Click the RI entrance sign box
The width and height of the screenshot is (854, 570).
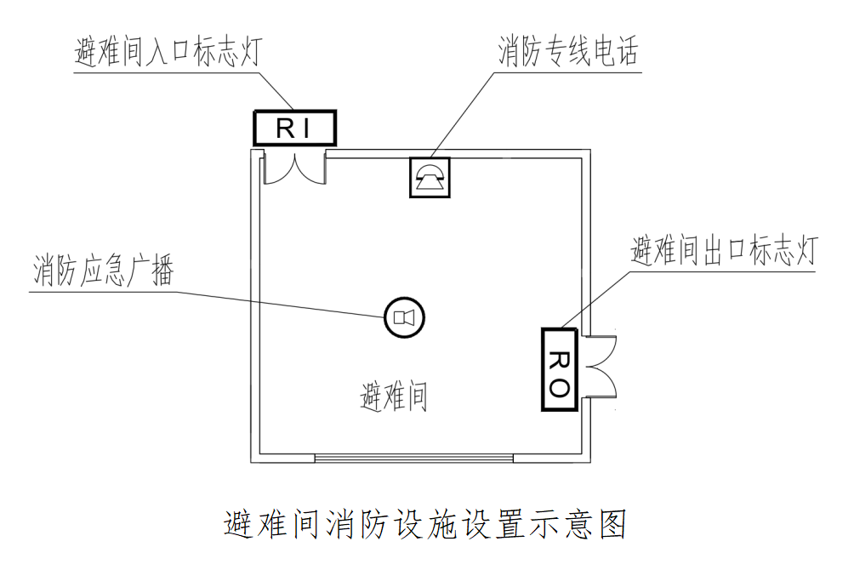tap(295, 128)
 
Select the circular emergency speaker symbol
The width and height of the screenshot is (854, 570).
tap(402, 318)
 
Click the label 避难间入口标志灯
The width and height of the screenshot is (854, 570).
tap(168, 54)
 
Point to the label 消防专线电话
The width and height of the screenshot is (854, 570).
tap(568, 54)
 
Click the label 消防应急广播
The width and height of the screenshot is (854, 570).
tap(103, 272)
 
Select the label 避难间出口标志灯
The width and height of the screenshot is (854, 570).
tap(724, 252)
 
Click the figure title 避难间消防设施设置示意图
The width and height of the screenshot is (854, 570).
tap(425, 523)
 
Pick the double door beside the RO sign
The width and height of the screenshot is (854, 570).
tap(599, 368)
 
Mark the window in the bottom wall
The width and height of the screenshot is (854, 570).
tap(414, 459)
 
